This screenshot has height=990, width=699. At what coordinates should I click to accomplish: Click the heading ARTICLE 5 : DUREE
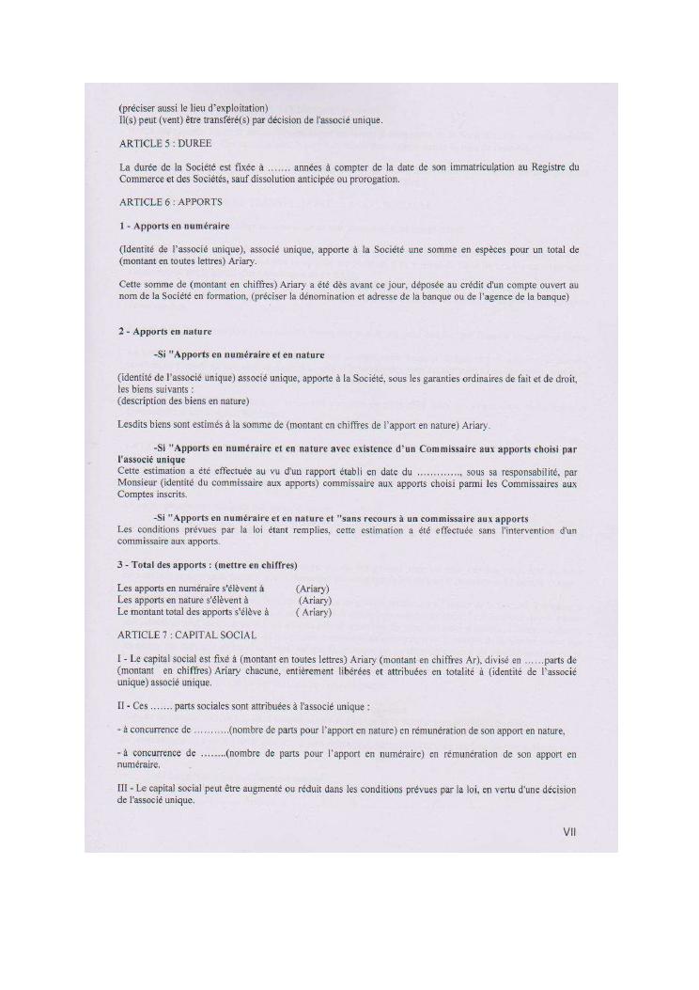164,143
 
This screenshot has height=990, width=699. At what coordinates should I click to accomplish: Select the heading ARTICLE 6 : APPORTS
170,202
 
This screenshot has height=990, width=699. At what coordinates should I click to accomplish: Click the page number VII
569,832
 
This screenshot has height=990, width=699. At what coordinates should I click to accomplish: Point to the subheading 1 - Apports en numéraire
175,226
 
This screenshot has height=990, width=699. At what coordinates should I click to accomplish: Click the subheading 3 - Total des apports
208,565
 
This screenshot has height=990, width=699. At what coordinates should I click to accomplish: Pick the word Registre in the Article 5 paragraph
546,167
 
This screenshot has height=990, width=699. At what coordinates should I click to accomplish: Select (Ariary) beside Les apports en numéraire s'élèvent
312,589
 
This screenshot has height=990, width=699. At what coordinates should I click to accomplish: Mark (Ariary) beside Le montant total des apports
314,612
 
